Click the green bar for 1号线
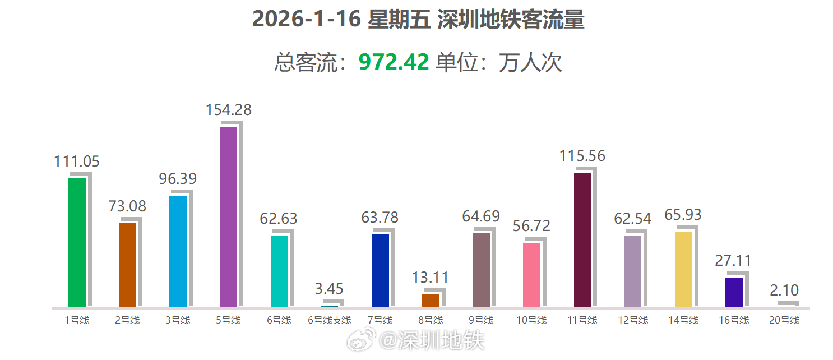pyautogui.click(x=77, y=242)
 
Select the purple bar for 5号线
pyautogui.click(x=228, y=216)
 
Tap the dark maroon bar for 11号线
pyautogui.click(x=582, y=239)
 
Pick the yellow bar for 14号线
pyautogui.click(x=683, y=269)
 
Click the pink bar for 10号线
pyautogui.click(x=531, y=275)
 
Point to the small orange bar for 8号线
pyautogui.click(x=431, y=301)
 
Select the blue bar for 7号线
pyautogui.click(x=380, y=270)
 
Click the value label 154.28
pyautogui.click(x=228, y=110)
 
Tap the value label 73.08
pyautogui.click(x=127, y=206)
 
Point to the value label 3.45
pyautogui.click(x=329, y=289)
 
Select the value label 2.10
pyautogui.click(x=784, y=290)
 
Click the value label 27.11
pyautogui.click(x=733, y=261)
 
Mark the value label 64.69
pyautogui.click(x=481, y=216)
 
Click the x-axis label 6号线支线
pyautogui.click(x=329, y=321)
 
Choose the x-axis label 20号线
pyautogui.click(x=784, y=321)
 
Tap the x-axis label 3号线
pyautogui.click(x=178, y=321)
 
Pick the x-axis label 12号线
pyautogui.click(x=633, y=321)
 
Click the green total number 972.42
pyautogui.click(x=394, y=62)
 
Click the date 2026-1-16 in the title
pyautogui.click(x=305, y=19)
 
